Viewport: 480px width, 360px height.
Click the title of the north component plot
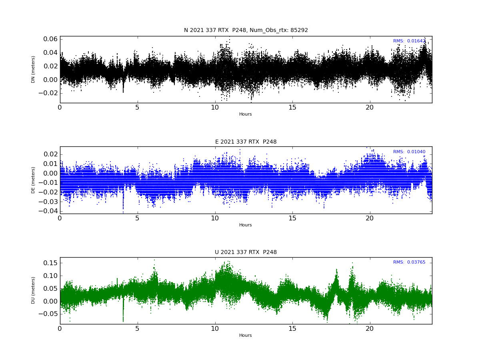(246, 30)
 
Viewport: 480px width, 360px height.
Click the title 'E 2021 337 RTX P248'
(246, 142)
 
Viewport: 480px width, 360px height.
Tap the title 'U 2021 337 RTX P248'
(246, 252)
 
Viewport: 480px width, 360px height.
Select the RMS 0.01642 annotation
(409, 41)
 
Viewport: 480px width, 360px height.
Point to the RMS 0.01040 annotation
(409, 152)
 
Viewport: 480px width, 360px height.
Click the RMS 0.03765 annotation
(409, 262)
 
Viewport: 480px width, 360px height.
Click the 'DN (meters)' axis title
(33, 70)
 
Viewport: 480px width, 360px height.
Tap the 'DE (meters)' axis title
(33, 180)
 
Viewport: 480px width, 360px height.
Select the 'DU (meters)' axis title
(33, 290)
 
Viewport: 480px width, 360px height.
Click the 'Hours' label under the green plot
(245, 335)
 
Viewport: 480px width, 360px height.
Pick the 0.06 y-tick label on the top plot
(50, 39)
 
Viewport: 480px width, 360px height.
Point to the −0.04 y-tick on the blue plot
(48, 211)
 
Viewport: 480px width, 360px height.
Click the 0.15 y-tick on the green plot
(50, 263)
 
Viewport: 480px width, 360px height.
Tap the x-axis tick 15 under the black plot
(292, 108)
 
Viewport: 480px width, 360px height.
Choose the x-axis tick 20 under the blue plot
(370, 218)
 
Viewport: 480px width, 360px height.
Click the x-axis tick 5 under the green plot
(137, 328)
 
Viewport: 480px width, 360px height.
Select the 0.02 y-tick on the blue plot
(50, 154)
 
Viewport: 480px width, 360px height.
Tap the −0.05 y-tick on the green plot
(48, 314)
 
